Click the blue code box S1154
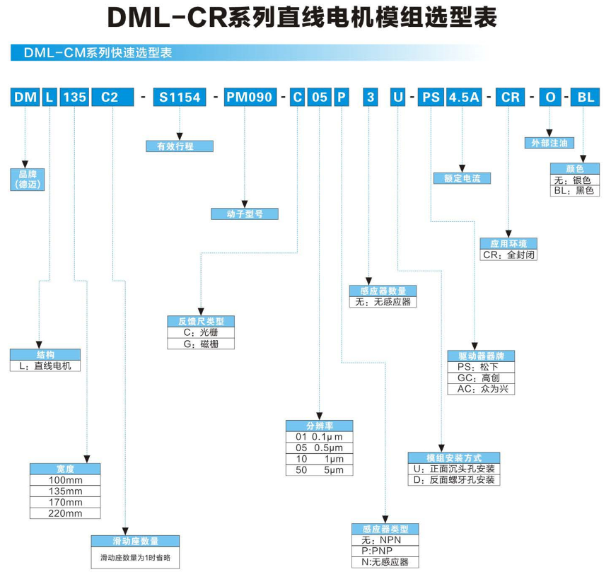click(x=180, y=98)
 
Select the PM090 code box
click(x=249, y=98)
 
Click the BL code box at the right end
click(x=586, y=98)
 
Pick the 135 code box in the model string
click(x=74, y=98)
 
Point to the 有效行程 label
click(x=180, y=146)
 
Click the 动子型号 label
click(x=245, y=214)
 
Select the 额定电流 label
click(x=462, y=178)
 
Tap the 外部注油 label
click(x=549, y=144)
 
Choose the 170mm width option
click(x=65, y=502)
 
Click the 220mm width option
click(x=65, y=513)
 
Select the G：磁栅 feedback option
click(x=201, y=344)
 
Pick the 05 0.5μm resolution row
click(x=319, y=448)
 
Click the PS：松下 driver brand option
click(x=481, y=367)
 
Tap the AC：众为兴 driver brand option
click(x=481, y=389)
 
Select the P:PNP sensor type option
click(x=385, y=551)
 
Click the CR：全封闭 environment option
click(x=508, y=255)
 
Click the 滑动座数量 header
click(x=135, y=541)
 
